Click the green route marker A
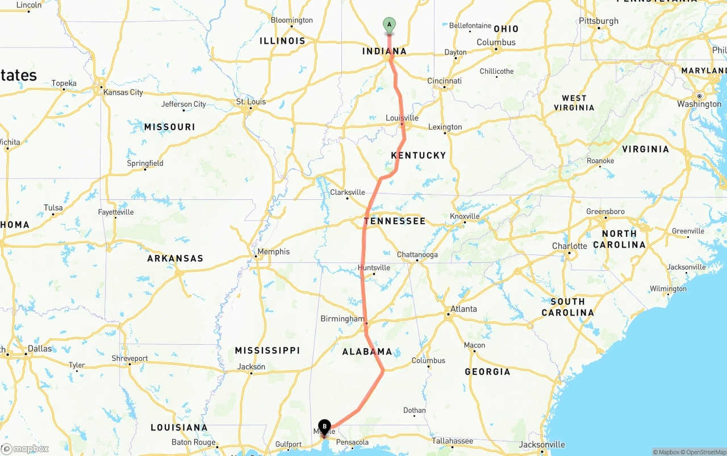389,24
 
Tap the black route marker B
324,426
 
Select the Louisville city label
402,118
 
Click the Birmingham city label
342,319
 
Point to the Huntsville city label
374,267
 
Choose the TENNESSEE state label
395,221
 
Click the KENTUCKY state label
419,155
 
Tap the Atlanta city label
463,309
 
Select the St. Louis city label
250,102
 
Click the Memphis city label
273,252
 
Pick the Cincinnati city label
444,81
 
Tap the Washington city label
699,104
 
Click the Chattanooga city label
417,255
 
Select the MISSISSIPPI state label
268,350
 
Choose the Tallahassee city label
452,441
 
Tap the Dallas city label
39,348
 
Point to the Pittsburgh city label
599,21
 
